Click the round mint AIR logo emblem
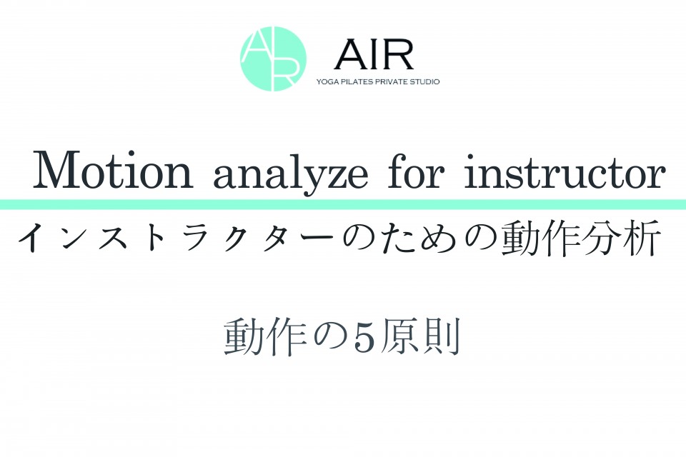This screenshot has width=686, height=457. click(273, 59)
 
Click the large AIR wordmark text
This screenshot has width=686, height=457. click(374, 55)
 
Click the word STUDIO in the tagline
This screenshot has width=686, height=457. click(424, 82)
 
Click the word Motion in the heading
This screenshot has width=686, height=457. click(114, 171)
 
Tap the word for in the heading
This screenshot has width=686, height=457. click(417, 171)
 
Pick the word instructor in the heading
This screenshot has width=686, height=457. click(565, 171)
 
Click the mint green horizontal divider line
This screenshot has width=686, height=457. click(343, 204)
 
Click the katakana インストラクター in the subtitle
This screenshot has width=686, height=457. click(175, 238)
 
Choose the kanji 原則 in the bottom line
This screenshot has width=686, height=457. click(420, 338)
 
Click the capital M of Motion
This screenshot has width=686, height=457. click(63, 171)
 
